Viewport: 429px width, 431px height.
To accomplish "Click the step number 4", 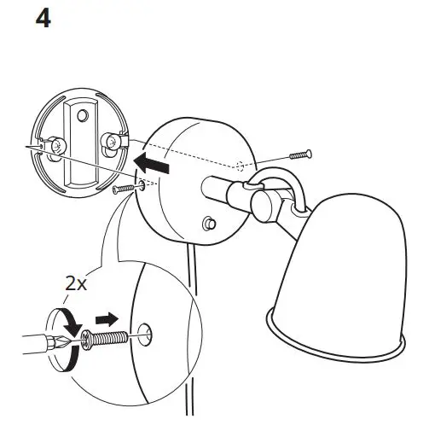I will coord(41,19).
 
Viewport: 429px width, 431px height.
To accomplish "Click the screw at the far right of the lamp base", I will coord(301,154).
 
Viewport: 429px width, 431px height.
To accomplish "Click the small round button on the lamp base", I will coord(206,224).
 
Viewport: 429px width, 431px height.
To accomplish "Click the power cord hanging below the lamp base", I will coord(190,341).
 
